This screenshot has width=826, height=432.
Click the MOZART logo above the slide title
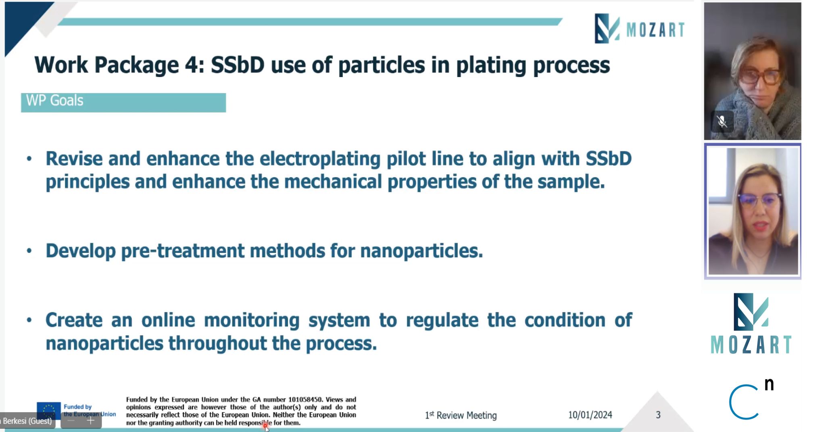point(640,29)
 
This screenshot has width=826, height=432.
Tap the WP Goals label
point(54,100)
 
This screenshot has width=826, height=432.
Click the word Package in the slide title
point(136,65)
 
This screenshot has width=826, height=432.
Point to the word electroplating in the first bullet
point(320,159)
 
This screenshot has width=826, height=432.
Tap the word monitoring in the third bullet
point(252,320)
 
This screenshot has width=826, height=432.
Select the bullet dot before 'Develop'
point(29,251)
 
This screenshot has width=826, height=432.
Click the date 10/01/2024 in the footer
point(590,415)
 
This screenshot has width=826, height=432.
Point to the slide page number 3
point(658,415)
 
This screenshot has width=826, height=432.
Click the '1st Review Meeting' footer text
point(461,415)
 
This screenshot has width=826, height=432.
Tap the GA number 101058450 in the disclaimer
point(305,399)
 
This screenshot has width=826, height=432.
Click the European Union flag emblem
point(48,410)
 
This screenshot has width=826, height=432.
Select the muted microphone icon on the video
point(722,121)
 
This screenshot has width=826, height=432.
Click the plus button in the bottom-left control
point(91,421)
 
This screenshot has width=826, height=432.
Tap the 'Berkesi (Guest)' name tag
point(27,421)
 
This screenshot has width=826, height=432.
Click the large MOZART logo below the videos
point(751,324)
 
